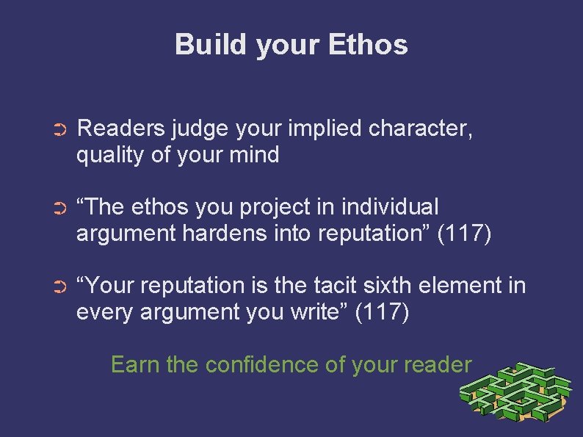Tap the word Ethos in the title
tap(369, 45)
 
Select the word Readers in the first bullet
tap(121, 129)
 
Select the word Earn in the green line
tap(136, 364)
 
